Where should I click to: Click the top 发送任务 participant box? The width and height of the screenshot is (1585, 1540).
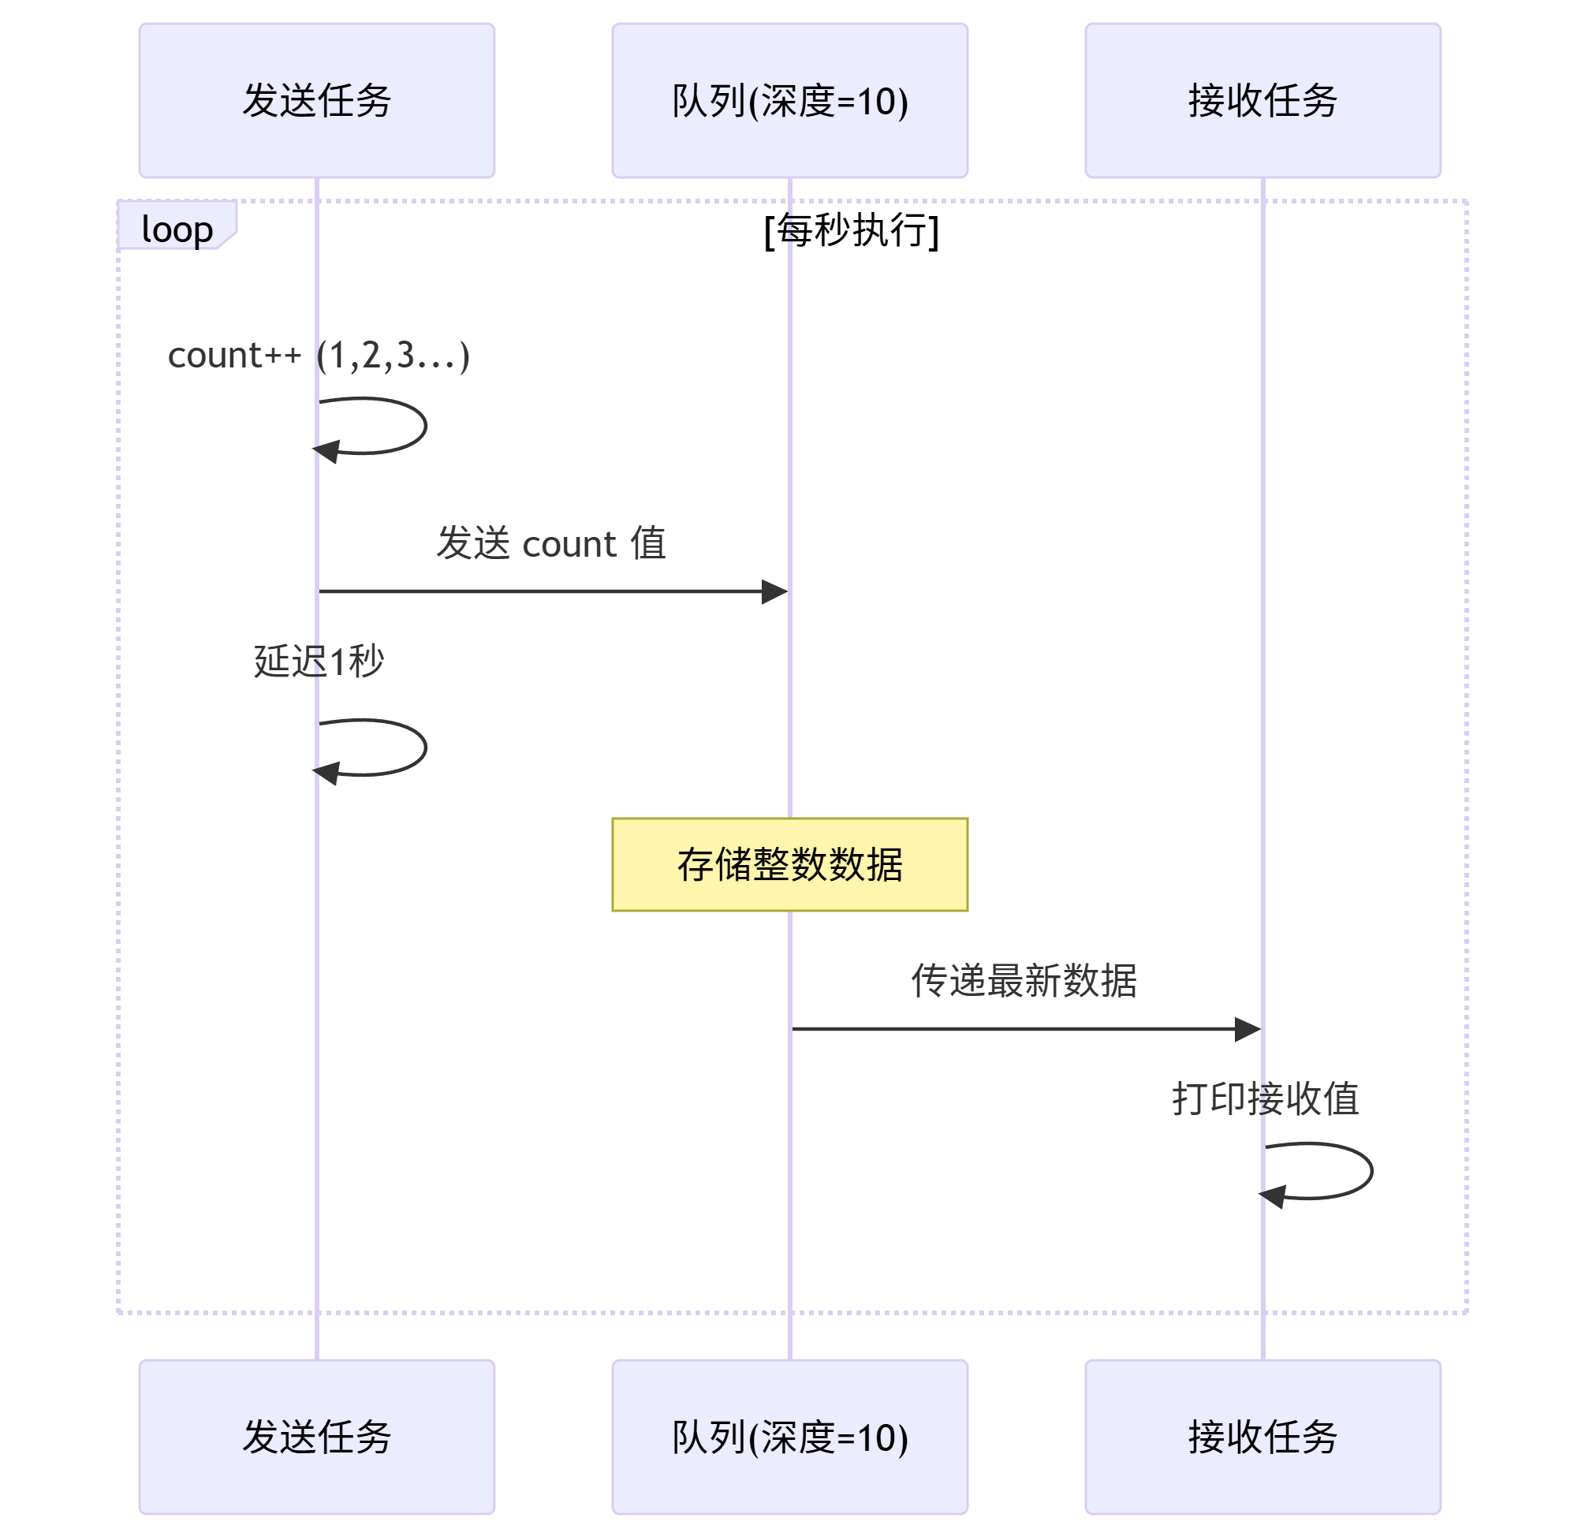(316, 100)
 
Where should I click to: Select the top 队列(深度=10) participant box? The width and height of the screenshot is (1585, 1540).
(789, 100)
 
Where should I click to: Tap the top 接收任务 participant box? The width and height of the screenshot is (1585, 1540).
(1262, 100)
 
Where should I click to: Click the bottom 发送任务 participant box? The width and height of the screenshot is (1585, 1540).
(316, 1437)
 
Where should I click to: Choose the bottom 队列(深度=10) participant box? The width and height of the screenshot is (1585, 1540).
(789, 1437)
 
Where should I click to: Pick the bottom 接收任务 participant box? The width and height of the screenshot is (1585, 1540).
(1262, 1437)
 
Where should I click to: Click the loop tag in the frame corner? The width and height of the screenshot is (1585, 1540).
(177, 229)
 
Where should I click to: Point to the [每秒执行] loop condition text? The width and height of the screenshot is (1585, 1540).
(851, 230)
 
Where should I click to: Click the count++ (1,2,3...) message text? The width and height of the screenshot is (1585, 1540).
(319, 355)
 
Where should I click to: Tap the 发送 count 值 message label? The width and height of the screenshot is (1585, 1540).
(550, 543)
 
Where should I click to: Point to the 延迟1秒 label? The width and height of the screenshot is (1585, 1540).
(319, 661)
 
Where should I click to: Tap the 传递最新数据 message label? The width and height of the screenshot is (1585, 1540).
(1024, 980)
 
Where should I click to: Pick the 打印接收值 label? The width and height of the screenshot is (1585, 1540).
(1265, 1098)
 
